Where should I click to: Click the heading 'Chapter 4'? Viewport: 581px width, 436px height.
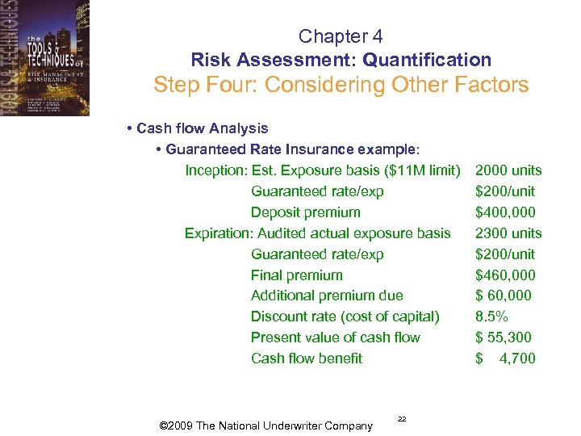(x=341, y=36)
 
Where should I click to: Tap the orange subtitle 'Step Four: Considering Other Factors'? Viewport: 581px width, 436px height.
(x=341, y=85)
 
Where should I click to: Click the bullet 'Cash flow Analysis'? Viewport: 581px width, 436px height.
(x=202, y=128)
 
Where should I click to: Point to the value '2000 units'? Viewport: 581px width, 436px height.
(x=508, y=170)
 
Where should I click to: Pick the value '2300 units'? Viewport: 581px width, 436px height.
(x=508, y=233)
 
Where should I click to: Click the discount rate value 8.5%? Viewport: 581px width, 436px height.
(x=492, y=317)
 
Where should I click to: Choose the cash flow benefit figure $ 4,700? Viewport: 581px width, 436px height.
(x=506, y=359)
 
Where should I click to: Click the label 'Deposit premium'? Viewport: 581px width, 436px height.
(x=305, y=212)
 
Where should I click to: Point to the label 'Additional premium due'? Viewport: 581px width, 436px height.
(x=327, y=296)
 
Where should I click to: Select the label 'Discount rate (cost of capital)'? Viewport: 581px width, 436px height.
(x=345, y=317)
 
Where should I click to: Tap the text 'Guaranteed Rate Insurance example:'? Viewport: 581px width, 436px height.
(x=293, y=149)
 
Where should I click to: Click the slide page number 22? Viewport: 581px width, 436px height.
(x=402, y=418)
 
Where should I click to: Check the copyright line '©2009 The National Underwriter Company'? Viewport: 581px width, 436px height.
(x=267, y=426)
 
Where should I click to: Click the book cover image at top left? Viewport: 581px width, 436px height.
(x=44, y=58)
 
